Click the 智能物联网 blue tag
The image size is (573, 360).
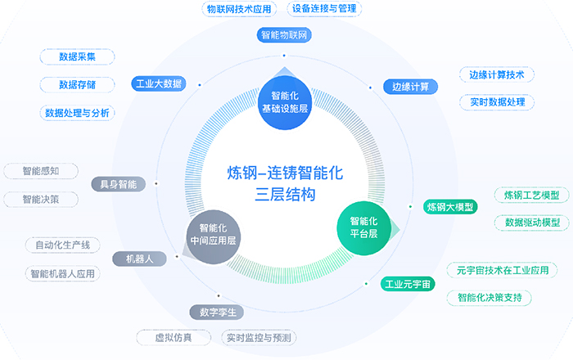point(286,35)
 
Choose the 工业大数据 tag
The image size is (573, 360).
point(158,83)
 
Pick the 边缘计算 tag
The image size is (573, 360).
point(410,87)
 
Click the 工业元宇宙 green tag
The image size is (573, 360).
point(408,284)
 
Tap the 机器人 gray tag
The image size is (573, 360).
point(139,259)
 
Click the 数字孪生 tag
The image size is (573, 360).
point(218,312)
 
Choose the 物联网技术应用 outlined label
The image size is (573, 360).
point(239,9)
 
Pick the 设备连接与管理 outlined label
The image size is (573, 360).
point(324,9)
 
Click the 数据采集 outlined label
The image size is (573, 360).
point(78,57)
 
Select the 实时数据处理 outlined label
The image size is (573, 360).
point(497,102)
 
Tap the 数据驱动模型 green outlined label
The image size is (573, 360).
point(532,223)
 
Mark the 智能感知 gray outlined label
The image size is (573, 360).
point(40,171)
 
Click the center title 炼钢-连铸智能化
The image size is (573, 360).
point(286,173)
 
